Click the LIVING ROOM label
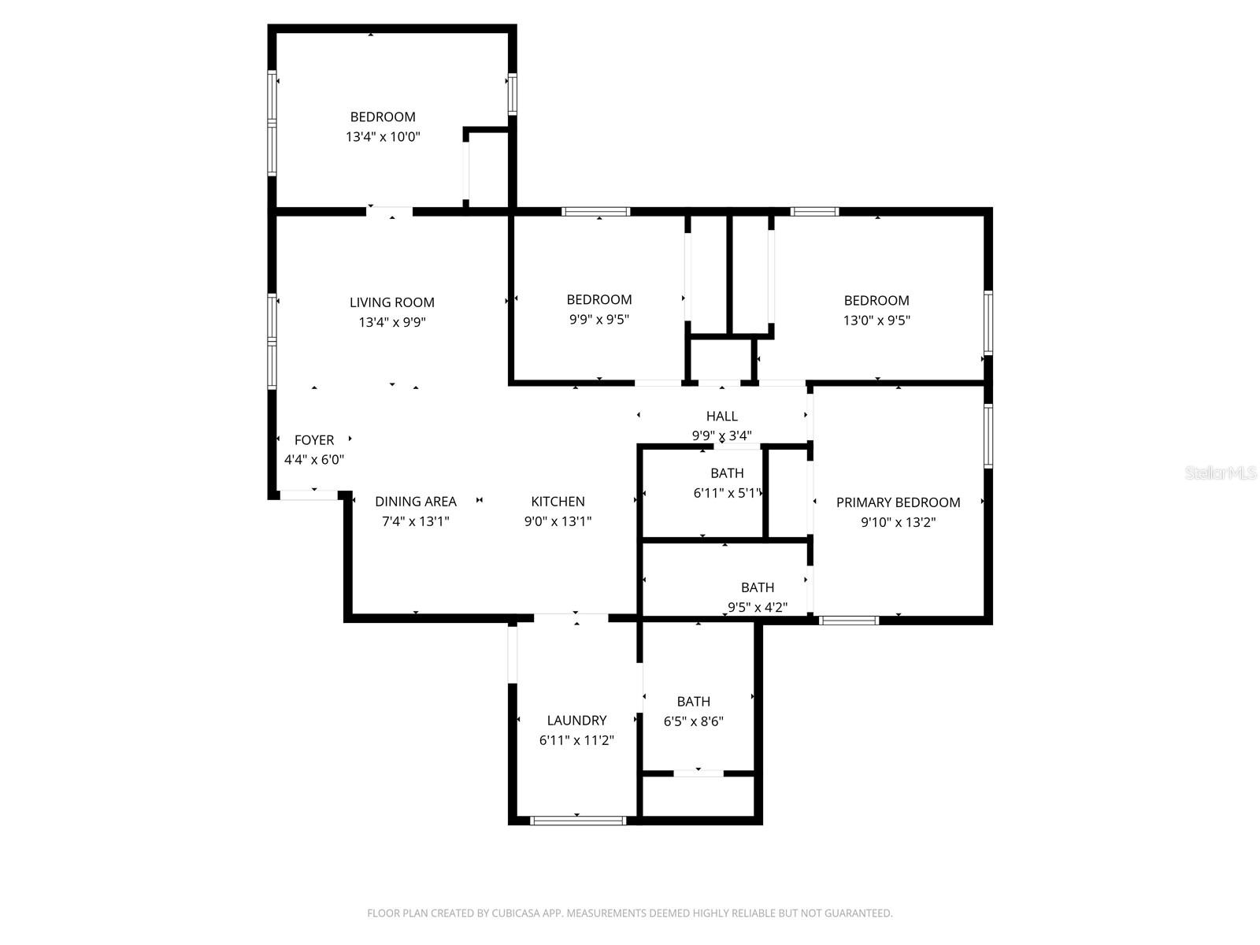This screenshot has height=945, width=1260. point(391,302)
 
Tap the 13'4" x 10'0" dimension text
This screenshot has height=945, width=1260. point(383,137)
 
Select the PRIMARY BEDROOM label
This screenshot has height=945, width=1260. point(898,502)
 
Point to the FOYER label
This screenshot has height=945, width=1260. point(313,440)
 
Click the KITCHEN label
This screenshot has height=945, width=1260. point(558,502)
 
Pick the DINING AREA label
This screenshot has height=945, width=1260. point(415,502)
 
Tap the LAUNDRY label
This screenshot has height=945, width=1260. point(576,721)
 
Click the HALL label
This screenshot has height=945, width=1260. point(721,417)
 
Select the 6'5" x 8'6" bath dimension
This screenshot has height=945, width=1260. point(693,721)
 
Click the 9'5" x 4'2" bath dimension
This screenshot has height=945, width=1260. point(757,607)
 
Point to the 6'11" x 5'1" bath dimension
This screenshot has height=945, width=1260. point(727,493)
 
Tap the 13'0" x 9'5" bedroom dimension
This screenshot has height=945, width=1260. point(876,321)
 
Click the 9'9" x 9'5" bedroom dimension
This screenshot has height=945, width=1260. point(598,320)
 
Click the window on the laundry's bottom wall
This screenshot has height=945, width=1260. point(578,821)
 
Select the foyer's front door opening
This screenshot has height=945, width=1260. point(309,495)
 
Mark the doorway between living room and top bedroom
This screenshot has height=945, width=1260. point(390,211)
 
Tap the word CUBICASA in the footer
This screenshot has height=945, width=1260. point(517,913)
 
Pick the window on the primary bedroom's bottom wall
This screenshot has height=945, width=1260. point(848,621)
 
